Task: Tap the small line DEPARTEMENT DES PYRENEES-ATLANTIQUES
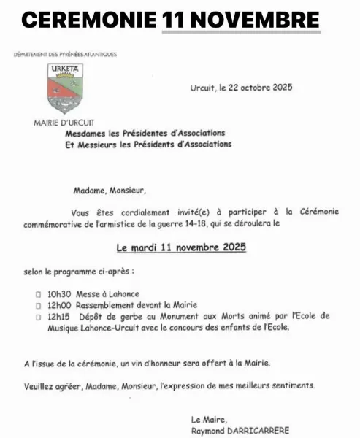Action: coord(65,55)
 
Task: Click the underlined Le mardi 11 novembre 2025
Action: coord(181,247)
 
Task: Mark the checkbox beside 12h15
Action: coord(38,316)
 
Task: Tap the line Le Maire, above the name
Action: coord(208,419)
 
